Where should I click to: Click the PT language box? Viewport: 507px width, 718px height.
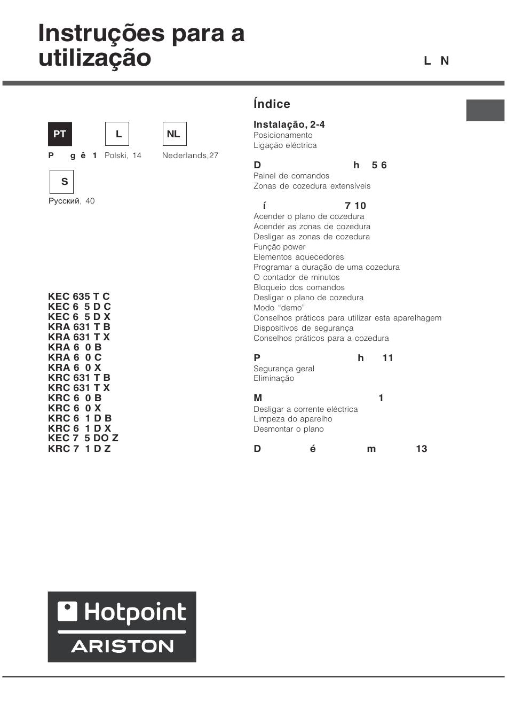point(60,134)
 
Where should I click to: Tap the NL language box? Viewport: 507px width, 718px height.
point(174,134)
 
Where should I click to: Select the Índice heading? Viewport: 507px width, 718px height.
point(272,104)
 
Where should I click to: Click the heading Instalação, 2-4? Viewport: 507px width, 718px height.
point(289,124)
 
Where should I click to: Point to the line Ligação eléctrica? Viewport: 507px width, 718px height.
point(285,145)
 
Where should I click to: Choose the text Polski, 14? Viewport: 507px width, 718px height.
point(123,155)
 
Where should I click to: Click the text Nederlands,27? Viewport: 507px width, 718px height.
point(190,155)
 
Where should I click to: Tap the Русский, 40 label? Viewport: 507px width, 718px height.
point(72,201)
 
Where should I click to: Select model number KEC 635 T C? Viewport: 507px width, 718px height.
point(78,296)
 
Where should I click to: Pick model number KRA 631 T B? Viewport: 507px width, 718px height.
point(79,327)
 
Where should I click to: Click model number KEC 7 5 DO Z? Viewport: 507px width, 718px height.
point(83,438)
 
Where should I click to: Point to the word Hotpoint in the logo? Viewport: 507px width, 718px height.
point(135,612)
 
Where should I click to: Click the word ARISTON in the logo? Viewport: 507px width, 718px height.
point(122,646)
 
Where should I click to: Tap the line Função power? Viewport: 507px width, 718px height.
point(279,247)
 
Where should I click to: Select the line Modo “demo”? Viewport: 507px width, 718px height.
point(279,308)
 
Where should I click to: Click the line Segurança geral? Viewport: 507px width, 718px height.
point(283,369)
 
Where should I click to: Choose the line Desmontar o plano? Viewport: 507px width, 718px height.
point(288,429)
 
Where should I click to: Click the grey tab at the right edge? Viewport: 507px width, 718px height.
point(485,110)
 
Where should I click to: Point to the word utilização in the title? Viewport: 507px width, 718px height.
point(94,58)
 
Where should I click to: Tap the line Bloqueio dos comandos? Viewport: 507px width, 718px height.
point(299,287)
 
